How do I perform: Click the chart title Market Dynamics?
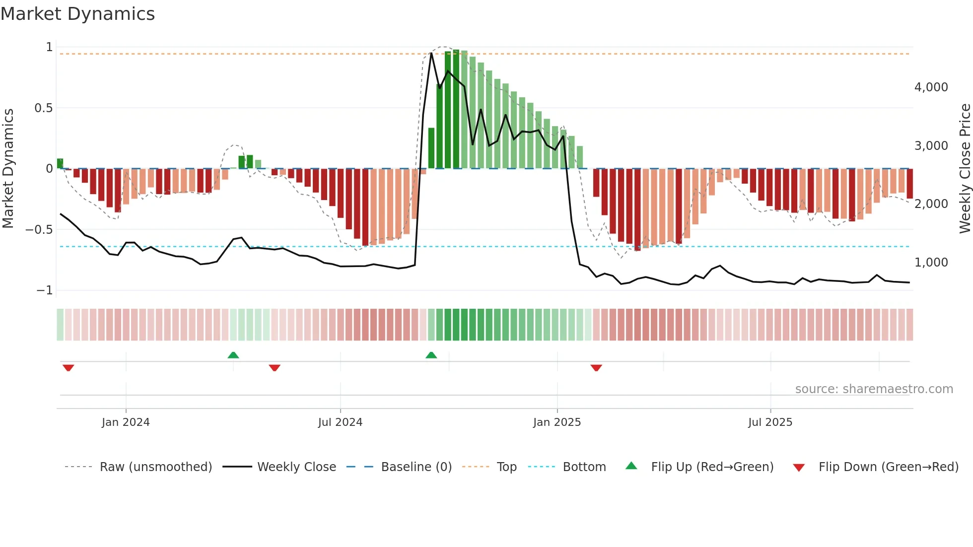[x=77, y=14]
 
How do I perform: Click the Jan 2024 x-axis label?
[x=126, y=422]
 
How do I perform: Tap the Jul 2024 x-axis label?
[x=340, y=422]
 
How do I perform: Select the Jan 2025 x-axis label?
[x=556, y=422]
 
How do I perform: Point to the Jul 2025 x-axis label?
[x=770, y=422]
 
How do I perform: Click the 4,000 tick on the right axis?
[x=931, y=87]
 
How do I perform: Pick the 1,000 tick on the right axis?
[x=931, y=263]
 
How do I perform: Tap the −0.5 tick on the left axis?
[x=39, y=230]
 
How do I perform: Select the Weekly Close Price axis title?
[x=965, y=168]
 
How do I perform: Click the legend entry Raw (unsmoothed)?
[x=155, y=467]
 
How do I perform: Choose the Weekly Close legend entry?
[x=296, y=467]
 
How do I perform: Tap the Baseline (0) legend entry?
[x=416, y=467]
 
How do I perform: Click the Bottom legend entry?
[x=584, y=467]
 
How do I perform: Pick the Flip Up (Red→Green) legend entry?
[x=712, y=467]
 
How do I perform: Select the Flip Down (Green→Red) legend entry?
[x=888, y=467]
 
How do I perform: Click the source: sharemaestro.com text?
[x=874, y=389]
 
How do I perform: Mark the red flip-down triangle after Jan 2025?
[x=596, y=368]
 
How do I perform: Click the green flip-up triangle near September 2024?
[x=431, y=355]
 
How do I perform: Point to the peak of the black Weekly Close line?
[x=431, y=53]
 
